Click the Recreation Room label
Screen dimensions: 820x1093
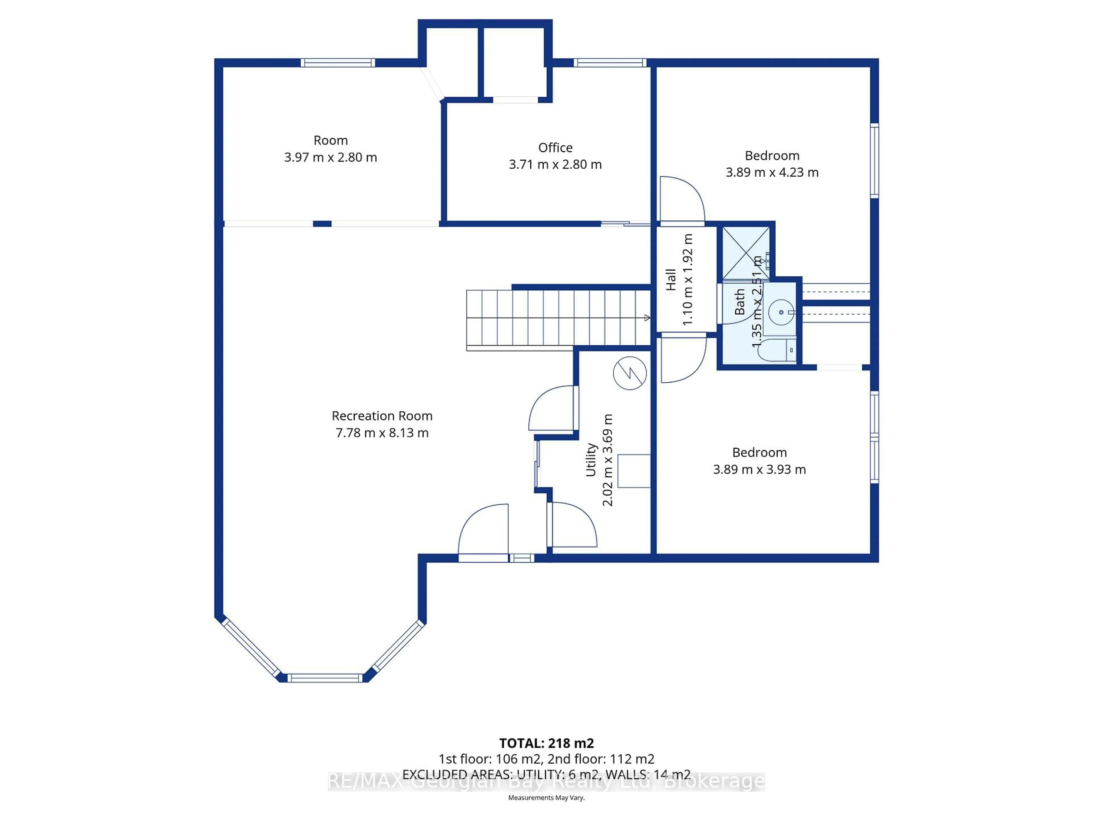[x=382, y=416]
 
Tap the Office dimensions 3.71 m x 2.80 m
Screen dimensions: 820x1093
[x=555, y=165]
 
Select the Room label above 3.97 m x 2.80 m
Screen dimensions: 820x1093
[x=330, y=140]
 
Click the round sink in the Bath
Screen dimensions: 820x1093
[x=781, y=312]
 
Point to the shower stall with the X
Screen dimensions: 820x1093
[x=746, y=253]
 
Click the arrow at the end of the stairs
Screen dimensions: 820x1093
[x=647, y=318]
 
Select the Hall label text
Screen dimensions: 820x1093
[x=671, y=280]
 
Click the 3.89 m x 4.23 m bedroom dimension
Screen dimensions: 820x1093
[x=772, y=173]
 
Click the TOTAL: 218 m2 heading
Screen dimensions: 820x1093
[x=546, y=743]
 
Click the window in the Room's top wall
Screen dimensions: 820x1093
[x=338, y=63]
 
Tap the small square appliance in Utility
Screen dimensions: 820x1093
[x=634, y=471]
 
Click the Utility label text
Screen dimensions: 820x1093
[x=591, y=460]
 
